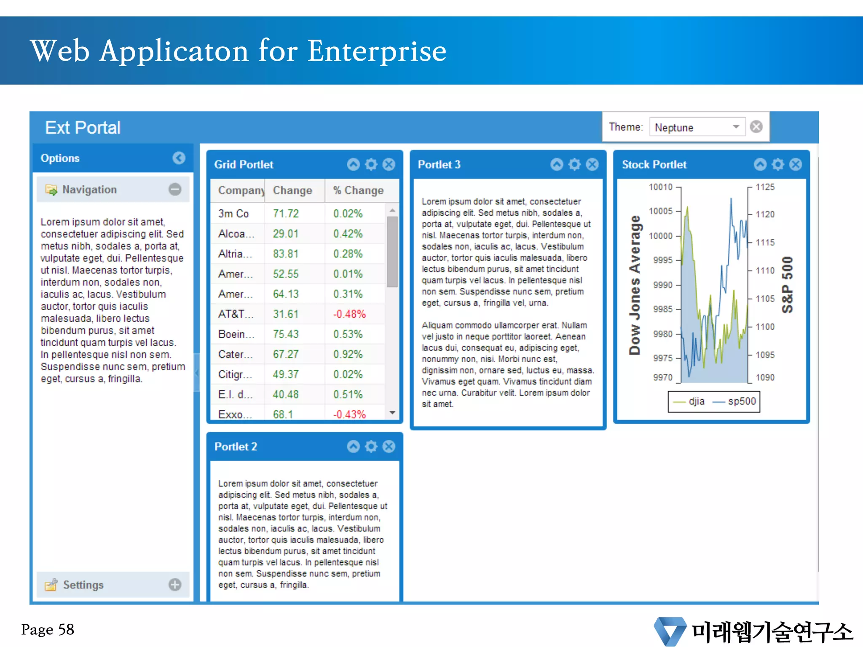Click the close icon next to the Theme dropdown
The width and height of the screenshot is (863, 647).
tap(756, 127)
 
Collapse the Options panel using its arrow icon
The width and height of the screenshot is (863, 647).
tap(179, 158)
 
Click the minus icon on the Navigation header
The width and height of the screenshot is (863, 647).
tap(175, 190)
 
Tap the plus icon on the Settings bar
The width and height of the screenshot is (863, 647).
tap(175, 585)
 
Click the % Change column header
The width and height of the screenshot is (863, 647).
tap(358, 190)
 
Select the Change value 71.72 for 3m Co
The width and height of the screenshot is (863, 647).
tap(286, 214)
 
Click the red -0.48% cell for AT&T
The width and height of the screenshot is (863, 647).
tap(349, 314)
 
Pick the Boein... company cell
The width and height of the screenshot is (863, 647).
tap(236, 334)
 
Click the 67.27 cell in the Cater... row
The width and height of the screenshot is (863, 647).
tap(286, 354)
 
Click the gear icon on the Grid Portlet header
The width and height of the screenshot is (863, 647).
tap(371, 164)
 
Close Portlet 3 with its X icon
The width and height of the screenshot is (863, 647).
tap(592, 164)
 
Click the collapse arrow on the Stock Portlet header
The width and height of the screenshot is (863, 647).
tap(760, 164)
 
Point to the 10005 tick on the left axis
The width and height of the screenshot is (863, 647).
tap(660, 211)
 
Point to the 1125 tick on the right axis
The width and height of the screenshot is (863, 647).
tap(765, 187)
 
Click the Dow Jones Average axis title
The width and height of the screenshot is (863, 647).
tap(635, 285)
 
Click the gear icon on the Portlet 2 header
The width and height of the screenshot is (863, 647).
tap(371, 446)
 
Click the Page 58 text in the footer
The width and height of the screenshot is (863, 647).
tap(48, 630)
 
